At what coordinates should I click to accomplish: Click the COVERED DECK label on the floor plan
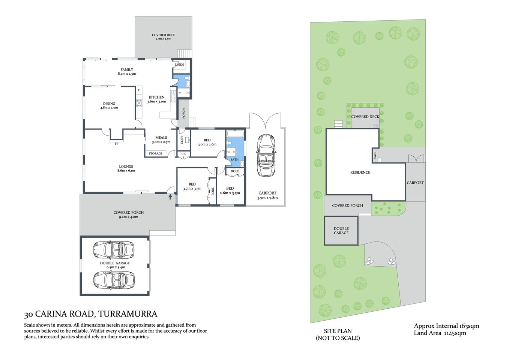[163, 35]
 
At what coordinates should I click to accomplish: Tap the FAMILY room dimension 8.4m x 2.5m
[127, 74]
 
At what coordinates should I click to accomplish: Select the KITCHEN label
[156, 97]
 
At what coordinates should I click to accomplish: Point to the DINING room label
[109, 103]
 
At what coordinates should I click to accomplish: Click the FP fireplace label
[117, 144]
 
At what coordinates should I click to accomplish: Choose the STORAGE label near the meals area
[155, 153]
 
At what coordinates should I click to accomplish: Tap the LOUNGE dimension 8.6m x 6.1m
[126, 171]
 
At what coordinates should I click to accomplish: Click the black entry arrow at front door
[170, 196]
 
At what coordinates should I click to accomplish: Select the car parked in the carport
[266, 156]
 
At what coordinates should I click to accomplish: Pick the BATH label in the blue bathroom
[234, 159]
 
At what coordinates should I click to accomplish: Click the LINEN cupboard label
[180, 64]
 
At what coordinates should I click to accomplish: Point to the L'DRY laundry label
[182, 140]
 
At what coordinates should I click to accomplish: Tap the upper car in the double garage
[113, 249]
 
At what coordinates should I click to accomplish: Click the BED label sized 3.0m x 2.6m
[207, 140]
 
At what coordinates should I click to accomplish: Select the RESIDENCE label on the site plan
[360, 172]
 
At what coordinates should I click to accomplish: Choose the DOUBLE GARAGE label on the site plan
[341, 231]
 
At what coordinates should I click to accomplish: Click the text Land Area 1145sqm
[440, 333]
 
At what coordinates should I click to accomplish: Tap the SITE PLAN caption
[338, 331]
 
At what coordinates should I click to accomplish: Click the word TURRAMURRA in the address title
[128, 314]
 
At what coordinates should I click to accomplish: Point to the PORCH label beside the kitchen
[184, 113]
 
